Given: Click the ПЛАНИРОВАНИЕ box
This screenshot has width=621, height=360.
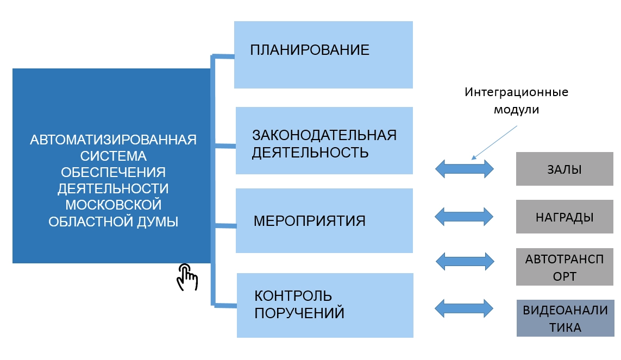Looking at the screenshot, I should point(323,54).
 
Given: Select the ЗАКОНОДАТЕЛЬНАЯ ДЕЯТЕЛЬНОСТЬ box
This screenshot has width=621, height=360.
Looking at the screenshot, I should point(324,141).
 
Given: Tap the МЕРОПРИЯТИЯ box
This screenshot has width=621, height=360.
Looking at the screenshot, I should point(324,221).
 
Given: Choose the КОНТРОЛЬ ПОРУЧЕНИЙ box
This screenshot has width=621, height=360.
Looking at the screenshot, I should point(325,305).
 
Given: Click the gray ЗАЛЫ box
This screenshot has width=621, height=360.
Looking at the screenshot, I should point(564,169).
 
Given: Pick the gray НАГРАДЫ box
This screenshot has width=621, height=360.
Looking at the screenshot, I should point(564,217).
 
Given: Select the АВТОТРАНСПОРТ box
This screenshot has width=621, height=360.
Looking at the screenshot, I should point(564,267).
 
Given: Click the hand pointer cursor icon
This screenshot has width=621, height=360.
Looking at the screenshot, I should point(186,277).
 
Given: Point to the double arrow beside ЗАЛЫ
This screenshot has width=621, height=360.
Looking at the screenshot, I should point(465,169).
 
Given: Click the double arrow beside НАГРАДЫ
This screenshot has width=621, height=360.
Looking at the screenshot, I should point(465,217).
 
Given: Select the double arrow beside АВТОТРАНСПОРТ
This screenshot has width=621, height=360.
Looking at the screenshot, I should point(466,261).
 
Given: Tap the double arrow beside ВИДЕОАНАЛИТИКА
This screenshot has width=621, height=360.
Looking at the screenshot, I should point(465,308).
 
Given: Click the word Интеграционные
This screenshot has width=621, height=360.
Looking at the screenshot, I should point(516,92).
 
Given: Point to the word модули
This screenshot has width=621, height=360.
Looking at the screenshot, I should point(516,109).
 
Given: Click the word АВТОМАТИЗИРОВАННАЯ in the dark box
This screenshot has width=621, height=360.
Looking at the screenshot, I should point(113,140).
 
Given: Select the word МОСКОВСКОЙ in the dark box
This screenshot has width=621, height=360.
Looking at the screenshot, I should point(113,205).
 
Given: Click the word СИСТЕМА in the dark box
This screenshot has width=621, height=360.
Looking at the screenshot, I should point(113,156).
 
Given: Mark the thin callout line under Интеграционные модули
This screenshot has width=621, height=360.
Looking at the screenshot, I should point(494,142).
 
